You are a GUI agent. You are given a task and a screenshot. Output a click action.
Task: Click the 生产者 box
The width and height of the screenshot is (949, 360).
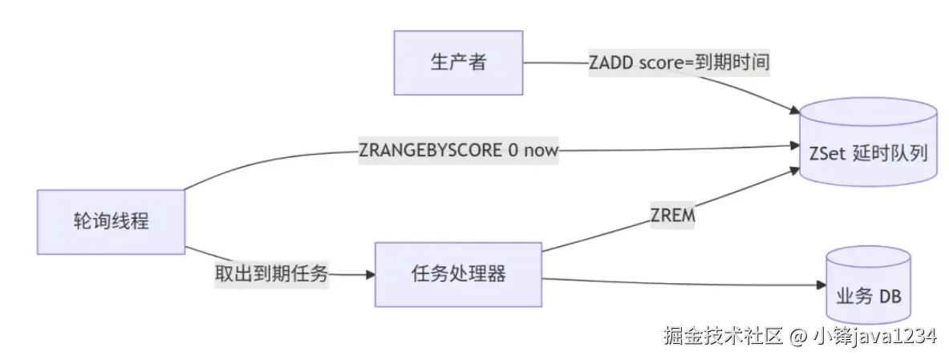tap(458, 63)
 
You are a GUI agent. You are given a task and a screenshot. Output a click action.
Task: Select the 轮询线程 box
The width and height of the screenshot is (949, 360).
tap(111, 222)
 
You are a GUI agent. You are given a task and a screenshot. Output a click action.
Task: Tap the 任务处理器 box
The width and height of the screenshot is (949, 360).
tap(458, 274)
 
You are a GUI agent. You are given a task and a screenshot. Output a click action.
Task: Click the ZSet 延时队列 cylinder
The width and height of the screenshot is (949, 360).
tap(868, 152)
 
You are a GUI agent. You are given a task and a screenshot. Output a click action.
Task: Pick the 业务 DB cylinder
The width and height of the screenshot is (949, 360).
tap(868, 294)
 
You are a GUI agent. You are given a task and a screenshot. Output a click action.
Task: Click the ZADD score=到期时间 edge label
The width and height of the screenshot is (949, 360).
tap(679, 63)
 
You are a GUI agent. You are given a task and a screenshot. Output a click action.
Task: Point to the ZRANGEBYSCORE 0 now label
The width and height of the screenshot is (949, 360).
tap(458, 151)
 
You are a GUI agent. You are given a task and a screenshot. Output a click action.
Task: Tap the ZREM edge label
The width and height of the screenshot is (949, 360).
tap(672, 217)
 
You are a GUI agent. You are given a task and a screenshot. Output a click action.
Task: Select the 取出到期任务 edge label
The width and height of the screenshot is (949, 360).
tap(270, 273)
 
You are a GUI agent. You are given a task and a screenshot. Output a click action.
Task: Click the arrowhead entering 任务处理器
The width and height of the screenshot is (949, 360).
tap(370, 274)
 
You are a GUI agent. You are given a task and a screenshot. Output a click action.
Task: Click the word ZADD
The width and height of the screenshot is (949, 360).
tap(611, 63)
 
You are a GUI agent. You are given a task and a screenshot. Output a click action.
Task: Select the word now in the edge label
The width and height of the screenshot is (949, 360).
tap(541, 151)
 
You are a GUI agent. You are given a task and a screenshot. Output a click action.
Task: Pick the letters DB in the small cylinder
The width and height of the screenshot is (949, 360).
tap(890, 297)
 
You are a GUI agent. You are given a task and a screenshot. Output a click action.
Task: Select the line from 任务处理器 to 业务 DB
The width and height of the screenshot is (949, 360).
tap(682, 281)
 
